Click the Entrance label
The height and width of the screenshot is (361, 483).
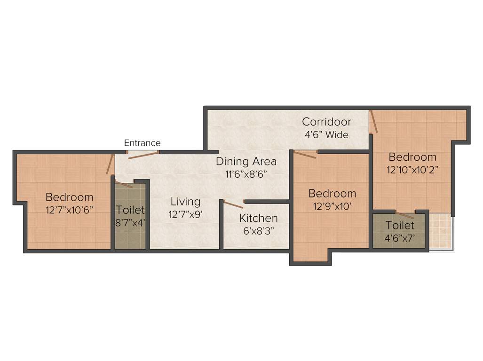coord(142,143)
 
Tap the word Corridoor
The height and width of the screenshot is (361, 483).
coord(326,122)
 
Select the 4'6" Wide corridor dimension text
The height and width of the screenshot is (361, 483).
coord(326,135)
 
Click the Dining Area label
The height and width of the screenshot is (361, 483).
coord(246,161)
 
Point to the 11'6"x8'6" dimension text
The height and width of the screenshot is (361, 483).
coord(246,173)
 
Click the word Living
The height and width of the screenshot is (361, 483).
coord(185,202)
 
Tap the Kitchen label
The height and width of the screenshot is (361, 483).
coord(258,218)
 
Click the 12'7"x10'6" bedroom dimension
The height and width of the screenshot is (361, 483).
coord(69,210)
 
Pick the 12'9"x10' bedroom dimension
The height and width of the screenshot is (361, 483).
coord(332,206)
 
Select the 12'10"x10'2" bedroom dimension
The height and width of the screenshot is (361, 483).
coord(412,170)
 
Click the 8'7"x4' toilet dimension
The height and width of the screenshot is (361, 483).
coord(130,222)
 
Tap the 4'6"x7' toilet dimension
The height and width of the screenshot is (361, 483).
coord(400,238)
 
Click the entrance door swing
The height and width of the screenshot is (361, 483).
coord(143,155)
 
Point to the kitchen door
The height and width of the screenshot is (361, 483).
coord(233,204)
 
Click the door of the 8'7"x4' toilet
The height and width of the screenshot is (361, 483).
coord(124,184)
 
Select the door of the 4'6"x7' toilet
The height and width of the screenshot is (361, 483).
coord(405,215)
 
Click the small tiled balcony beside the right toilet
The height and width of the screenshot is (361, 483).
coord(441,233)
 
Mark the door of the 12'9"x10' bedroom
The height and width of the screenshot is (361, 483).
coord(305,154)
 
